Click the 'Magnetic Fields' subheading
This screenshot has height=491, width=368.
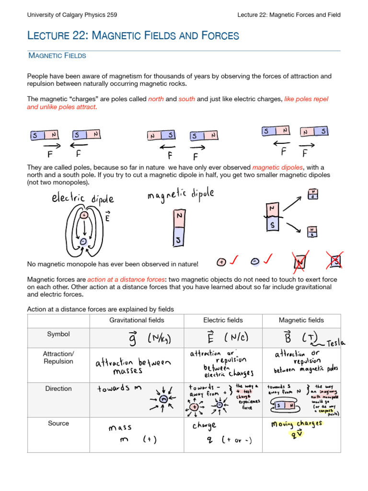coord(57,56)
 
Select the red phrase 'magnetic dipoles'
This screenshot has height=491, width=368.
coord(277,167)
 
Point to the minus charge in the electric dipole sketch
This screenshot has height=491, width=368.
coord(83,242)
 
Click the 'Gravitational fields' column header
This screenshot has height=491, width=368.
coord(137,320)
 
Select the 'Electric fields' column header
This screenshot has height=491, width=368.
coord(223,320)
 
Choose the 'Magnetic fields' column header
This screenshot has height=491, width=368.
coord(301,320)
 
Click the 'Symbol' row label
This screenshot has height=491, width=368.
coord(58,334)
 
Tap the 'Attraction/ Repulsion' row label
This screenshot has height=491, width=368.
coord(58,358)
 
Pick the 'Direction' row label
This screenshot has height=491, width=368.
coord(58,389)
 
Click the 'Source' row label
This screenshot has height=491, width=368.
coord(58,423)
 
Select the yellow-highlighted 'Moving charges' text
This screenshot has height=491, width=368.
coord(296,424)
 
